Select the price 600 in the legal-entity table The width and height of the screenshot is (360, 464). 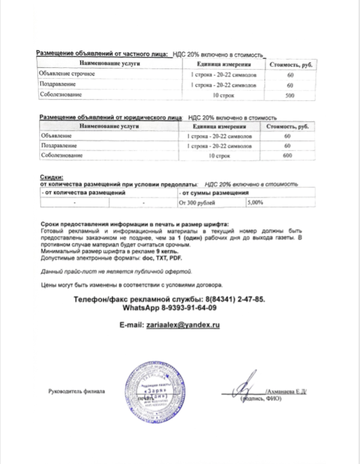coord(287,156)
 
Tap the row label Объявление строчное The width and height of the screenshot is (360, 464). coord(67,74)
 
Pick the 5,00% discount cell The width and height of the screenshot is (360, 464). coord(256,203)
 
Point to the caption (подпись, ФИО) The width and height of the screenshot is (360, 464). coord(261,399)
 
